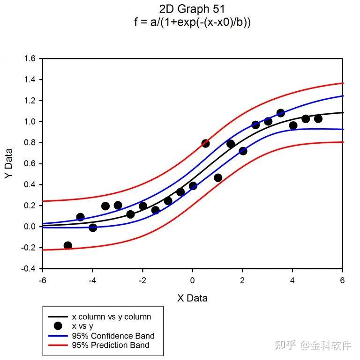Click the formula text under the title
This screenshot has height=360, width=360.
[x=192, y=22]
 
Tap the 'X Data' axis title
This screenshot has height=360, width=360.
[x=192, y=298]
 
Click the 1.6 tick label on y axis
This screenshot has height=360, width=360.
[x=30, y=59]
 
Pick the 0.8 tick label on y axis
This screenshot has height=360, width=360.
[x=30, y=143]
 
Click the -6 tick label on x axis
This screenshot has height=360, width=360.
[x=42, y=280]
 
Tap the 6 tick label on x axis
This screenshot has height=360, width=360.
[x=343, y=280]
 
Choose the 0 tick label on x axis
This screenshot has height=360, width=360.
[x=193, y=280]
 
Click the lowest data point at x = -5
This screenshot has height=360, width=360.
[x=67, y=245]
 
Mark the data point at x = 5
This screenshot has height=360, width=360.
[x=318, y=118]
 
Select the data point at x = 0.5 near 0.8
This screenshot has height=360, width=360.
[x=205, y=143]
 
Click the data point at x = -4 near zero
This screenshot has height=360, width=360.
[x=93, y=228]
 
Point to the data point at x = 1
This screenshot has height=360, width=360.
[x=218, y=177]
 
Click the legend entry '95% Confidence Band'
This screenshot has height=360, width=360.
[x=113, y=336]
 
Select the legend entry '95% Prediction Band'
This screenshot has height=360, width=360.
[x=111, y=345]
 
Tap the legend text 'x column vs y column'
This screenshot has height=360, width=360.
[x=111, y=317]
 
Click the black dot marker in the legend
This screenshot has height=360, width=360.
[x=58, y=326]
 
